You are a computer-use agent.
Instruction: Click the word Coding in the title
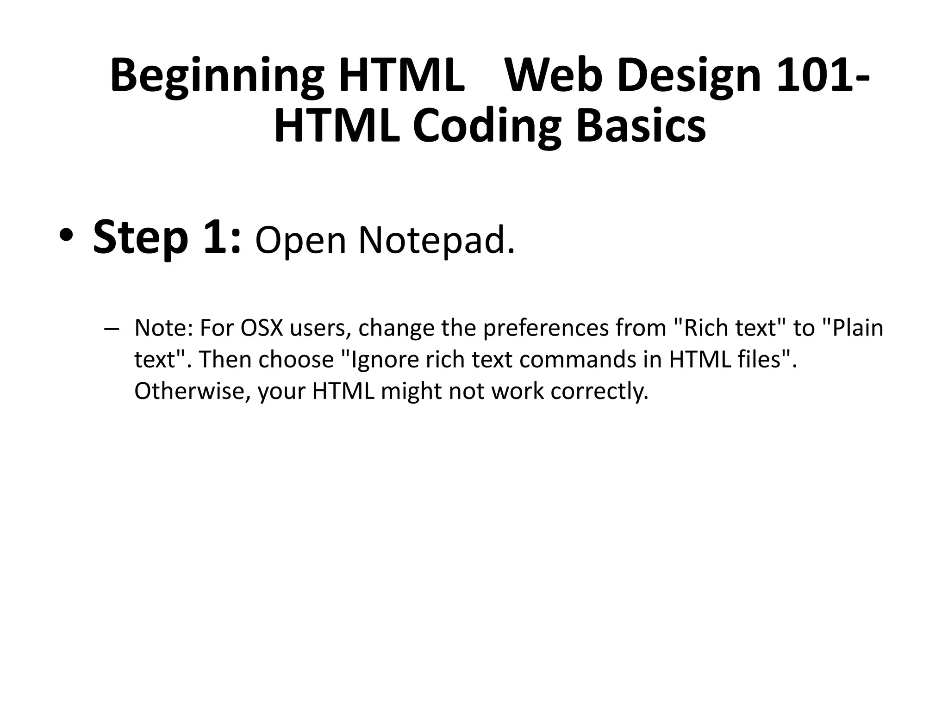486,127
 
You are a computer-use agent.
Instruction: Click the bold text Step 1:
167,238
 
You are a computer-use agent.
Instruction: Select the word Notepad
436,241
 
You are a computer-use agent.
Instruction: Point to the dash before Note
112,328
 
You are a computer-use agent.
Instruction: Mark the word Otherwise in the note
192,391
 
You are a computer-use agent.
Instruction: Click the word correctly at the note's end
599,392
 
